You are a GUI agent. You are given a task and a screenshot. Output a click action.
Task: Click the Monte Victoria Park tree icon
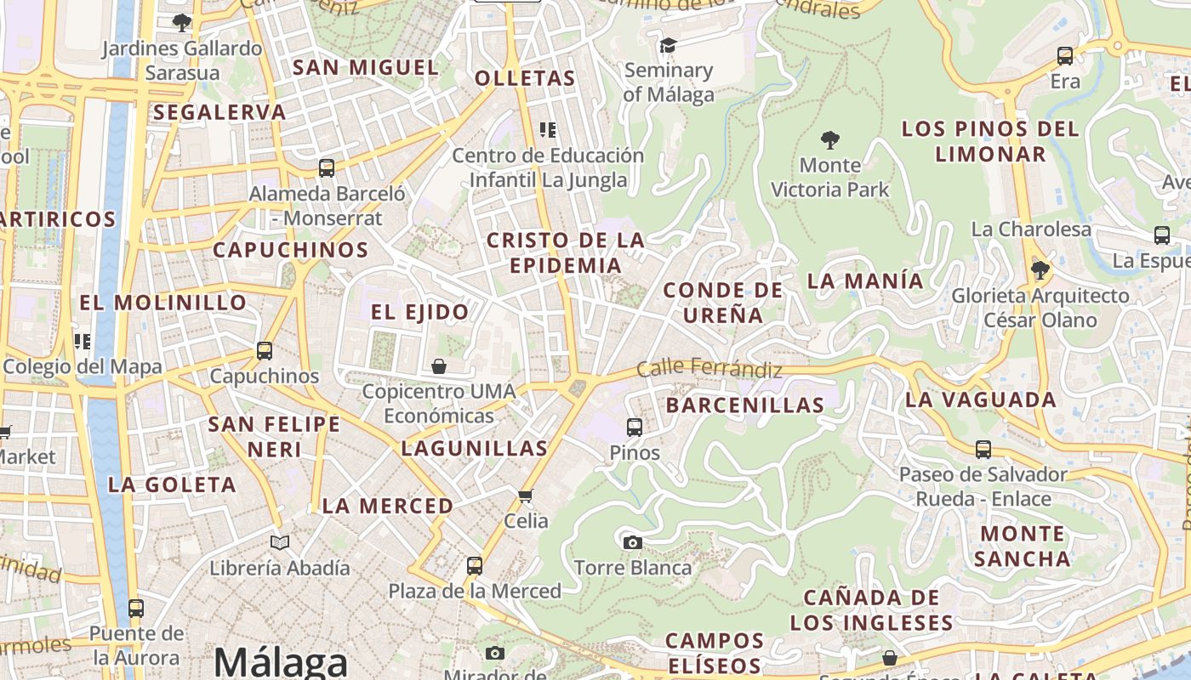click(830, 139)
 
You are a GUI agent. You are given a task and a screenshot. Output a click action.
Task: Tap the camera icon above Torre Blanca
click(632, 542)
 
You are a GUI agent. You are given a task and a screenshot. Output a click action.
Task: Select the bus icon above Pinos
click(635, 427)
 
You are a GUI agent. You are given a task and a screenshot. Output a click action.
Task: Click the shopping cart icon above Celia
click(526, 496)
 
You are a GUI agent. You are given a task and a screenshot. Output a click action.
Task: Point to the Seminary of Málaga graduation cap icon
click(668, 45)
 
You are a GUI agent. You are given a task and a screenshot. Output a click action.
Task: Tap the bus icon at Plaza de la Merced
click(475, 565)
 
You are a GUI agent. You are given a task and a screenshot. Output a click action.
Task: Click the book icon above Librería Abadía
click(280, 542)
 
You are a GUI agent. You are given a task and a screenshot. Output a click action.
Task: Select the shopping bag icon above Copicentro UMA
click(439, 366)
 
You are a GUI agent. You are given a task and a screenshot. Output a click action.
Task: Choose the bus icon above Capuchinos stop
click(265, 350)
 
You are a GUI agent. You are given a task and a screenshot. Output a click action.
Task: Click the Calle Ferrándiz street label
click(709, 370)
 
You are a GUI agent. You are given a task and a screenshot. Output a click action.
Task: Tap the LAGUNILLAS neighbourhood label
click(474, 448)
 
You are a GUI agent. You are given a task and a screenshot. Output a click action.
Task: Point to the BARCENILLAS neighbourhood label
click(745, 405)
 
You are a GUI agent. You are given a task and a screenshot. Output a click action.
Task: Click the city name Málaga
click(281, 662)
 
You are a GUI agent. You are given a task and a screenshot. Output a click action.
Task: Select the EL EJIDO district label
click(419, 312)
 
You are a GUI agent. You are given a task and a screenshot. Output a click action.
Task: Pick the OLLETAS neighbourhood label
click(525, 79)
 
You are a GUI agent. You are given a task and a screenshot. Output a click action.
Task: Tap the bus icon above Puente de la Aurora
click(136, 609)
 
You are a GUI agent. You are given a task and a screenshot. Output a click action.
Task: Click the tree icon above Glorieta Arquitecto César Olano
click(1040, 270)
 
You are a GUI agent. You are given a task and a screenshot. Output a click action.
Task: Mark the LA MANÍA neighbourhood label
click(864, 280)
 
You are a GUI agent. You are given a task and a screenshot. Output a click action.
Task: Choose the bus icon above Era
click(1065, 56)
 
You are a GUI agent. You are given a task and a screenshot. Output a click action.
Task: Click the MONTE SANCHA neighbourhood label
click(1023, 546)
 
